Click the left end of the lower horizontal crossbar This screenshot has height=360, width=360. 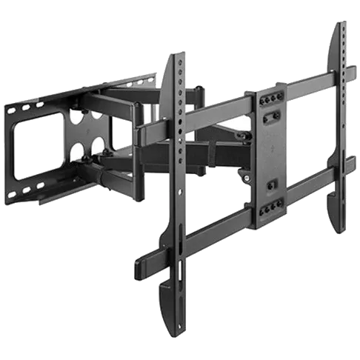(x=137, y=264)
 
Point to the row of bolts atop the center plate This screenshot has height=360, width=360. (x=271, y=98)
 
